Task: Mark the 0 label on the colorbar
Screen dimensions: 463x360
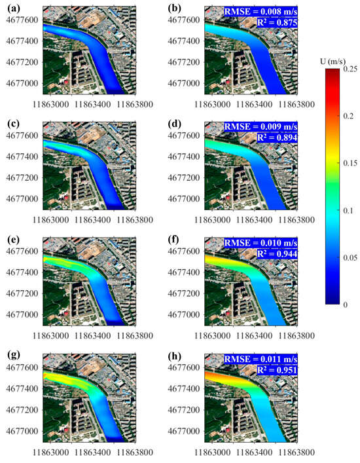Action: (345, 305)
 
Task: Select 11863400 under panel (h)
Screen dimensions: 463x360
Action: (252, 453)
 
